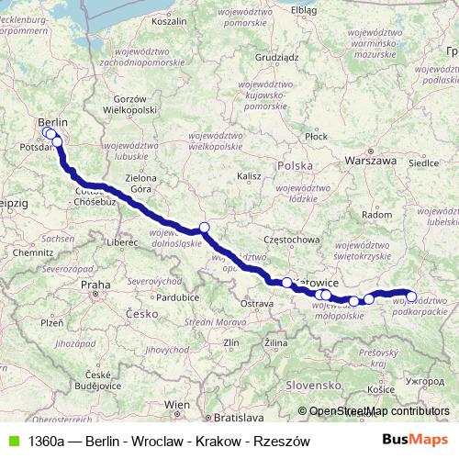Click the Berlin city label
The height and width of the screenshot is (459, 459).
(x=53, y=122)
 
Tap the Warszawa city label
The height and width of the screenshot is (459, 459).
(x=370, y=160)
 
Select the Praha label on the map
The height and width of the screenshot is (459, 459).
(x=95, y=285)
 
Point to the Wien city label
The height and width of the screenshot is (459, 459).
(x=176, y=404)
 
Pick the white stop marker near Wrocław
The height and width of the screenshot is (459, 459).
(x=204, y=228)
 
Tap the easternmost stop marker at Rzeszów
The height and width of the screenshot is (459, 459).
(x=412, y=297)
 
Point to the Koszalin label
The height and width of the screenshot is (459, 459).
(x=168, y=19)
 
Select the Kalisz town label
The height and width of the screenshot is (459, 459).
(x=249, y=174)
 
